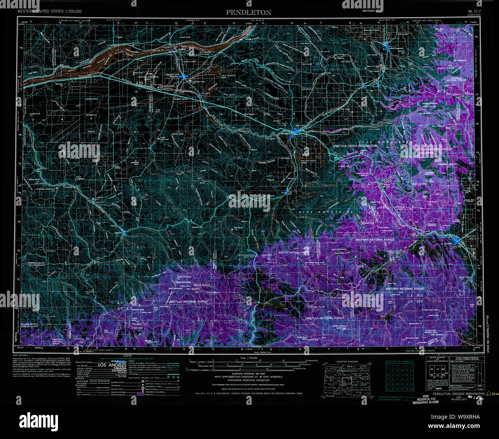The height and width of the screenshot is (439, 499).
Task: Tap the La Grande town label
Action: point(447,244)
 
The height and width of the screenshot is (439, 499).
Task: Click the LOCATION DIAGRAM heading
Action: point(347,362)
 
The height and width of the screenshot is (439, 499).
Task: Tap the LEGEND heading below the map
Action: point(127,356)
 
